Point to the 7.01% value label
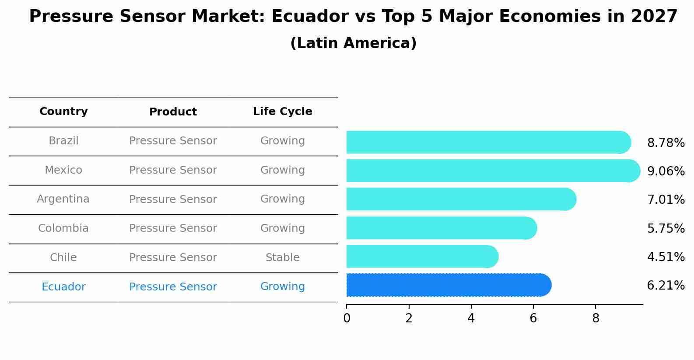click(666, 200)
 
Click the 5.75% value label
click(666, 228)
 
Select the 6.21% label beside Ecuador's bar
click(666, 286)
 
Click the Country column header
click(63, 112)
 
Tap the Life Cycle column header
click(282, 112)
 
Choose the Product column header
click(173, 112)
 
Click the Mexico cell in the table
click(63, 170)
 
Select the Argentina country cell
click(63, 199)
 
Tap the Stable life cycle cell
click(282, 258)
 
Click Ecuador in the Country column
click(63, 287)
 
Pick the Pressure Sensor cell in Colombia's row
click(173, 228)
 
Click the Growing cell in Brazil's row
click(282, 141)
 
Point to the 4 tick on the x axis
click(471, 318)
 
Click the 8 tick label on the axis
click(596, 318)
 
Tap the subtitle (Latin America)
click(353, 43)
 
